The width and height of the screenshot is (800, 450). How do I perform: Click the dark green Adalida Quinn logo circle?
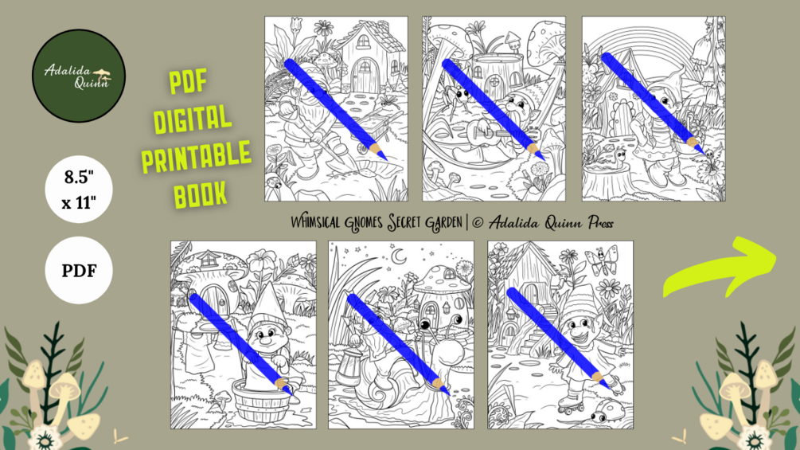point(79,76)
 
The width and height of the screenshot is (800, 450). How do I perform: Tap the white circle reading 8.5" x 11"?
point(79,190)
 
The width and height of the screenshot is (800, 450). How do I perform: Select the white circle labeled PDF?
point(79,271)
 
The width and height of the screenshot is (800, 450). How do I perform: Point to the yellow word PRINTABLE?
point(197,157)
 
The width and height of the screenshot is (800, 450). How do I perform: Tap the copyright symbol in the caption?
point(478,223)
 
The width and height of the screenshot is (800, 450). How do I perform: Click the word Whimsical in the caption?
point(315,222)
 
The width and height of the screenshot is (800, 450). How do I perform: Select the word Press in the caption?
point(600,222)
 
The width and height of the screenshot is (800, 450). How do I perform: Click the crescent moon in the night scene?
point(398,256)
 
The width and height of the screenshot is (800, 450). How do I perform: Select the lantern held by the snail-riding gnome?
point(349,366)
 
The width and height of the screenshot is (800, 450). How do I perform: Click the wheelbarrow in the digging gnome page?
point(375,130)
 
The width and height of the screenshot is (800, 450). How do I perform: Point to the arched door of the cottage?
point(365,76)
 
